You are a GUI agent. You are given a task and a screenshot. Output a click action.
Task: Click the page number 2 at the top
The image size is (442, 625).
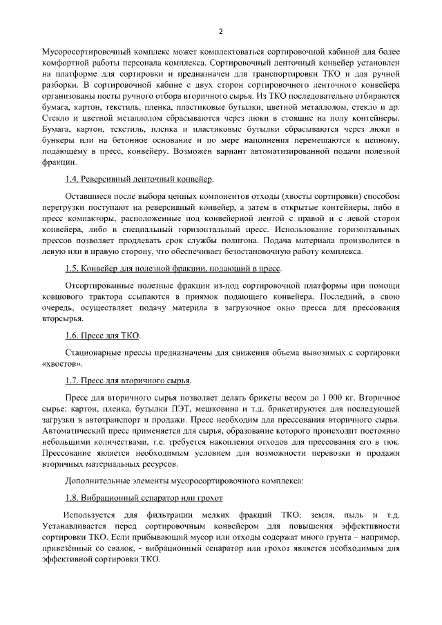coord(221,31)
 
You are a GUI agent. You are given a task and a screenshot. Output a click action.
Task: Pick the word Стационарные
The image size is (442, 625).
coord(97,352)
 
